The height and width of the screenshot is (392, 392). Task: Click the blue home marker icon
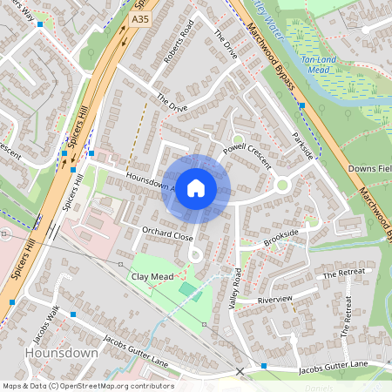196,188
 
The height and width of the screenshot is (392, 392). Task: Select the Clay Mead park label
152,276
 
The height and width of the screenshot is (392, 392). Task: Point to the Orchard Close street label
167,235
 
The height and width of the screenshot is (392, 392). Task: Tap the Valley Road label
234,287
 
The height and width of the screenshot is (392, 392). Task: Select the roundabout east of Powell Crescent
281,185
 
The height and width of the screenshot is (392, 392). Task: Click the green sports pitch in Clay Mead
187,287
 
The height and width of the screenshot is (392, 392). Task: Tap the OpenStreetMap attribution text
87,386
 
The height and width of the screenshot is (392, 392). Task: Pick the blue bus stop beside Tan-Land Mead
301,105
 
